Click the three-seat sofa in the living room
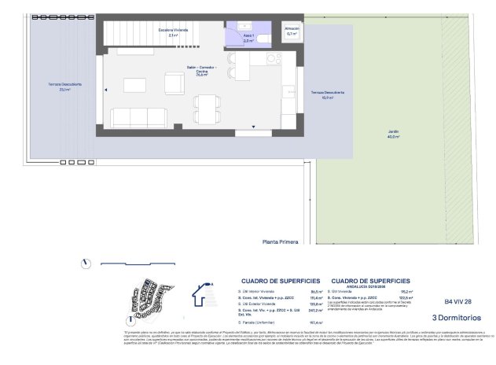tap(139, 118)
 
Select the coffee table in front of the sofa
tap(137, 85)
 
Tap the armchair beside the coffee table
tap(172, 81)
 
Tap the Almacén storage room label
tap(292, 31)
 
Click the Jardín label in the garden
tap(392, 133)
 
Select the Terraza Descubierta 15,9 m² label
tap(325, 94)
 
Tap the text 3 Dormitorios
tap(458, 318)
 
